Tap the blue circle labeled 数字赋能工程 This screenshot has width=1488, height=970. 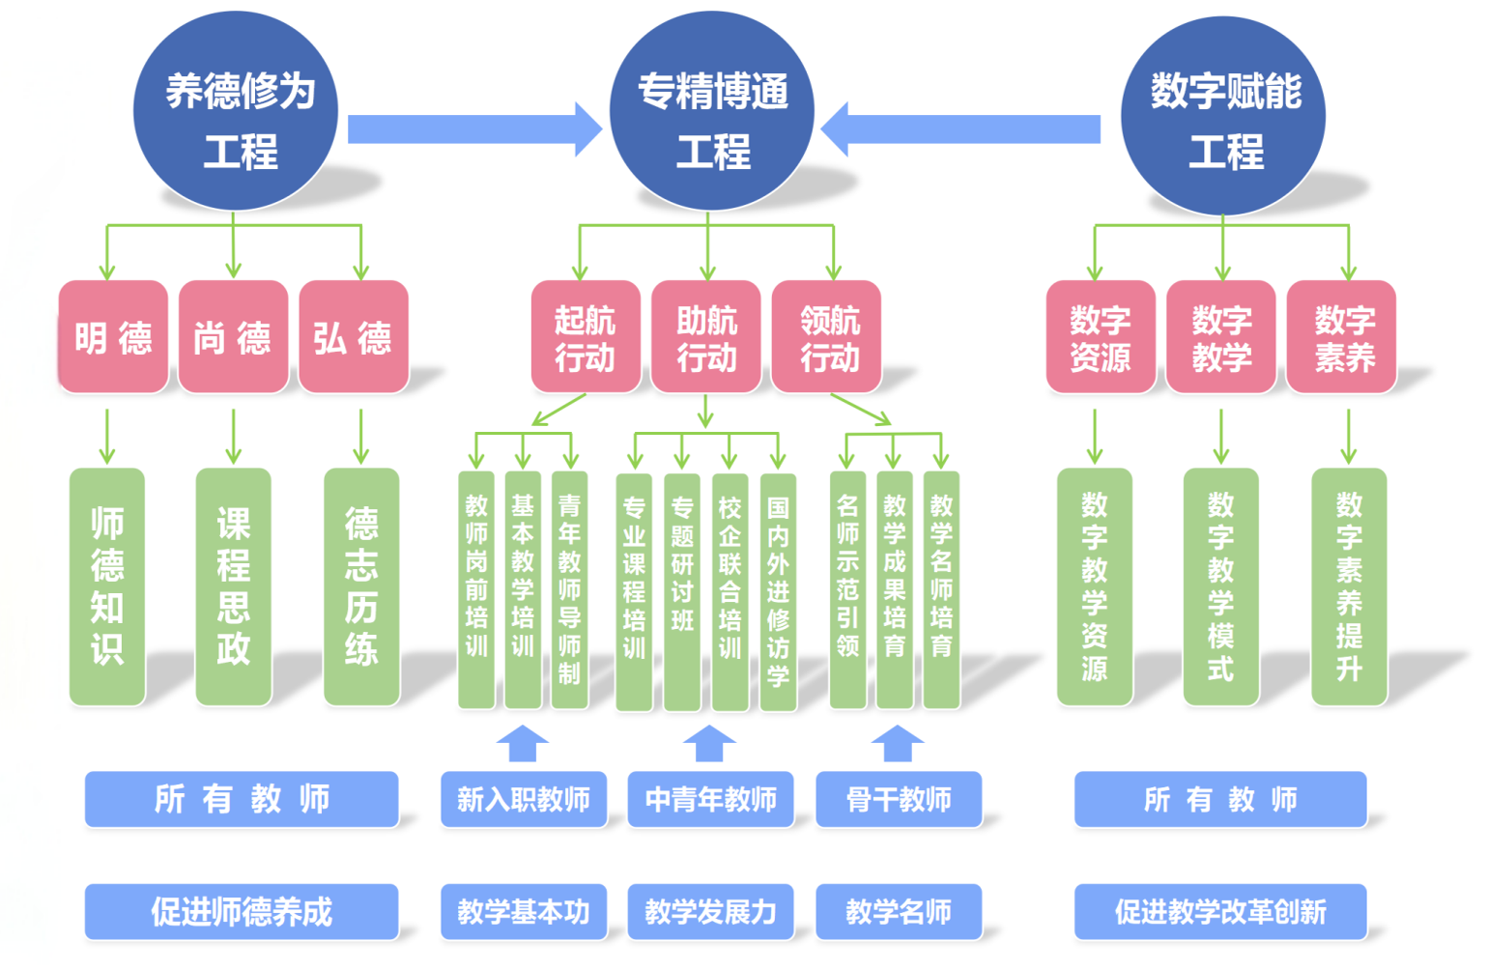[x=1222, y=114]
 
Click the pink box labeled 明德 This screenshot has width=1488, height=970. [x=113, y=337]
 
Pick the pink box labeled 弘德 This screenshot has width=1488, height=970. [x=353, y=337]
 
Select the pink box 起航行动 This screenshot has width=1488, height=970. [x=585, y=337]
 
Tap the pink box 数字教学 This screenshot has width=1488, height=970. [x=1220, y=337]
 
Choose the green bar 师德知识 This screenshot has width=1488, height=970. [x=107, y=586]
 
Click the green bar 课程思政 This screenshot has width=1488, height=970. [x=233, y=586]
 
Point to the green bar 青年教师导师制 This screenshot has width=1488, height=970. [x=569, y=589]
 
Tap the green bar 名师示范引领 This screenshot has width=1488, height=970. [x=847, y=589]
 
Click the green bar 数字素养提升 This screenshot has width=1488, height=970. [x=1348, y=586]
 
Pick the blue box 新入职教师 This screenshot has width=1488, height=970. [x=523, y=799]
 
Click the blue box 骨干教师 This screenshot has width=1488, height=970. [x=898, y=799]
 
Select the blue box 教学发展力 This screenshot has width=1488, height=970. [x=710, y=911]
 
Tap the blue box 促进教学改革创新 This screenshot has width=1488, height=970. [x=1219, y=911]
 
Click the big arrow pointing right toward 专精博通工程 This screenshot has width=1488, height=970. [x=473, y=129]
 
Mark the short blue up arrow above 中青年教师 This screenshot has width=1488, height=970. [x=709, y=744]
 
